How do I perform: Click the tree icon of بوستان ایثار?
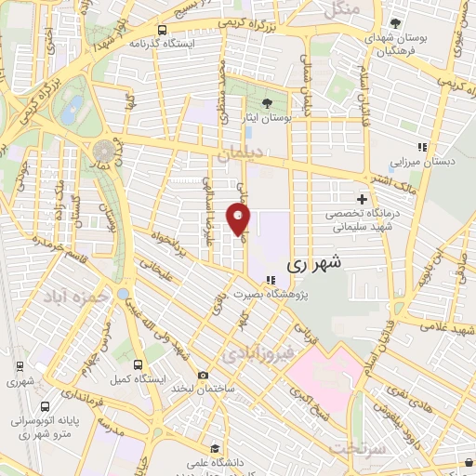(268, 103)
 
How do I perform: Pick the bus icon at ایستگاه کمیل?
(138, 364)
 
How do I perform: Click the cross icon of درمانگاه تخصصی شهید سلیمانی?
(362, 199)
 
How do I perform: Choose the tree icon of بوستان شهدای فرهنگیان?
(397, 23)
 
